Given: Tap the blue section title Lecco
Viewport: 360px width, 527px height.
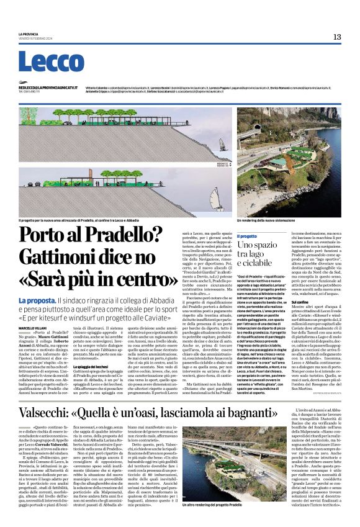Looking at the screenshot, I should coord(43,62).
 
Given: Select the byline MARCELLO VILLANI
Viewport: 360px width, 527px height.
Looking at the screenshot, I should coord(32,327).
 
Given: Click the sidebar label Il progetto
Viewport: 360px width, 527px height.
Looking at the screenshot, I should coord(248,236).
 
